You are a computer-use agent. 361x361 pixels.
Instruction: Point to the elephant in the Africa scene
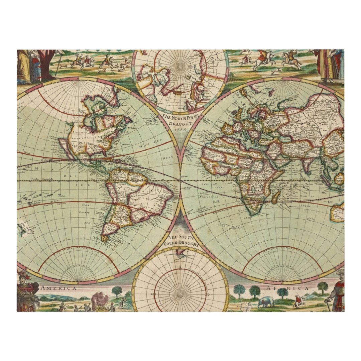pos(266,302)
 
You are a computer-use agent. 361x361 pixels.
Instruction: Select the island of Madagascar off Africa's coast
pos(276,197)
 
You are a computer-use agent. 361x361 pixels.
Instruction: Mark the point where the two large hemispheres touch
pos(180,180)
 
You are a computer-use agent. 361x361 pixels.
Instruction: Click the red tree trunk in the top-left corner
pos(45,64)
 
